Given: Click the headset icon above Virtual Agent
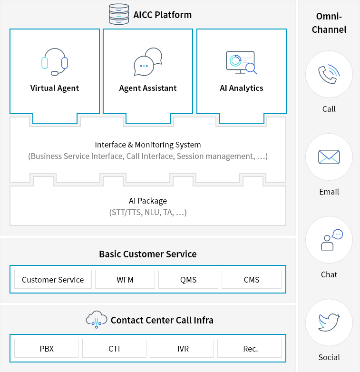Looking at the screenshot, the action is (x=55, y=62).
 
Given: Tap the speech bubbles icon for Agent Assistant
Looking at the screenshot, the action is (x=148, y=62).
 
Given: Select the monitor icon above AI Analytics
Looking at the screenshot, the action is (x=241, y=62).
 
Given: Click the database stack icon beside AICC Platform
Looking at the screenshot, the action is (x=119, y=14).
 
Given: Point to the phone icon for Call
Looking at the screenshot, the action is (x=329, y=74).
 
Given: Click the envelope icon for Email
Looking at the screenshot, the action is (x=329, y=157).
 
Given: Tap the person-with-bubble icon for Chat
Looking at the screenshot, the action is (x=331, y=240).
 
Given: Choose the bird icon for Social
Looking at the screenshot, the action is (x=329, y=322).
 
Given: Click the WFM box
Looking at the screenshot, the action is (x=125, y=279).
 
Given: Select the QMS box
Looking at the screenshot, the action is (x=188, y=279).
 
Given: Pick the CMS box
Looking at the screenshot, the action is (x=252, y=279).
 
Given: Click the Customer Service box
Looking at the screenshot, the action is (x=53, y=279).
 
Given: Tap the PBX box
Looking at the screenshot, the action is (x=47, y=348).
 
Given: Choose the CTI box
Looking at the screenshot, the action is (x=114, y=348).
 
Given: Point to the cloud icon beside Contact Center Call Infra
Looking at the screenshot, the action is (x=96, y=319).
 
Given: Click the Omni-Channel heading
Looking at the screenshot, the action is (x=329, y=23).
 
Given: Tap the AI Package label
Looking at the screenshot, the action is (x=148, y=201).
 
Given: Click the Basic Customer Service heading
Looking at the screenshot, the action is (x=148, y=254).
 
